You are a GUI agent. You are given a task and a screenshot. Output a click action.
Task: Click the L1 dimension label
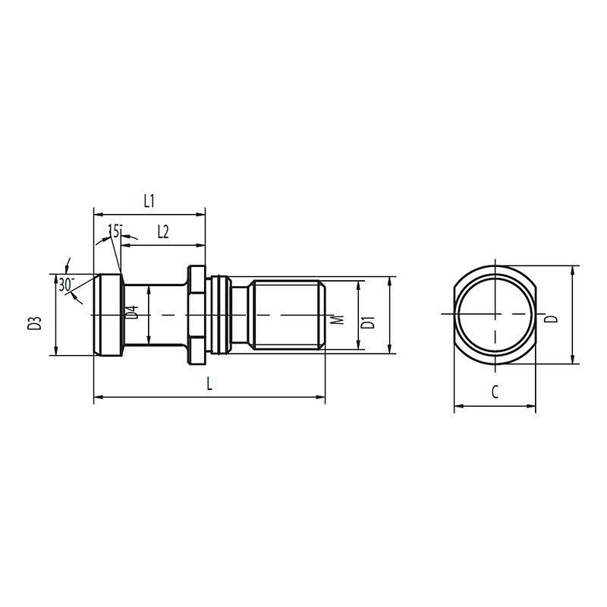(x=149, y=201)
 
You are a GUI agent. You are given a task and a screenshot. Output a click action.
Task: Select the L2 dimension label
(x=163, y=232)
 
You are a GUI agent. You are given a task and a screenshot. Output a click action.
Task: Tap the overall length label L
(x=209, y=384)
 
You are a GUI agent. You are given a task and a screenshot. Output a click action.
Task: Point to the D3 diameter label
(x=34, y=323)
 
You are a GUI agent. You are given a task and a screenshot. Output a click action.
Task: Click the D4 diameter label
(x=133, y=313)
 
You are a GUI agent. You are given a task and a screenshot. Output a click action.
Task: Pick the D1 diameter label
(x=368, y=322)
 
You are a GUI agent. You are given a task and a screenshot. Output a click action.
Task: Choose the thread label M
(x=338, y=319)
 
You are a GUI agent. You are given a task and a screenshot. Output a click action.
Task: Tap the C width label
(x=495, y=392)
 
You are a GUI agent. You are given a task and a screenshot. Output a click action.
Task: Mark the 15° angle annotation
(x=115, y=231)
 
